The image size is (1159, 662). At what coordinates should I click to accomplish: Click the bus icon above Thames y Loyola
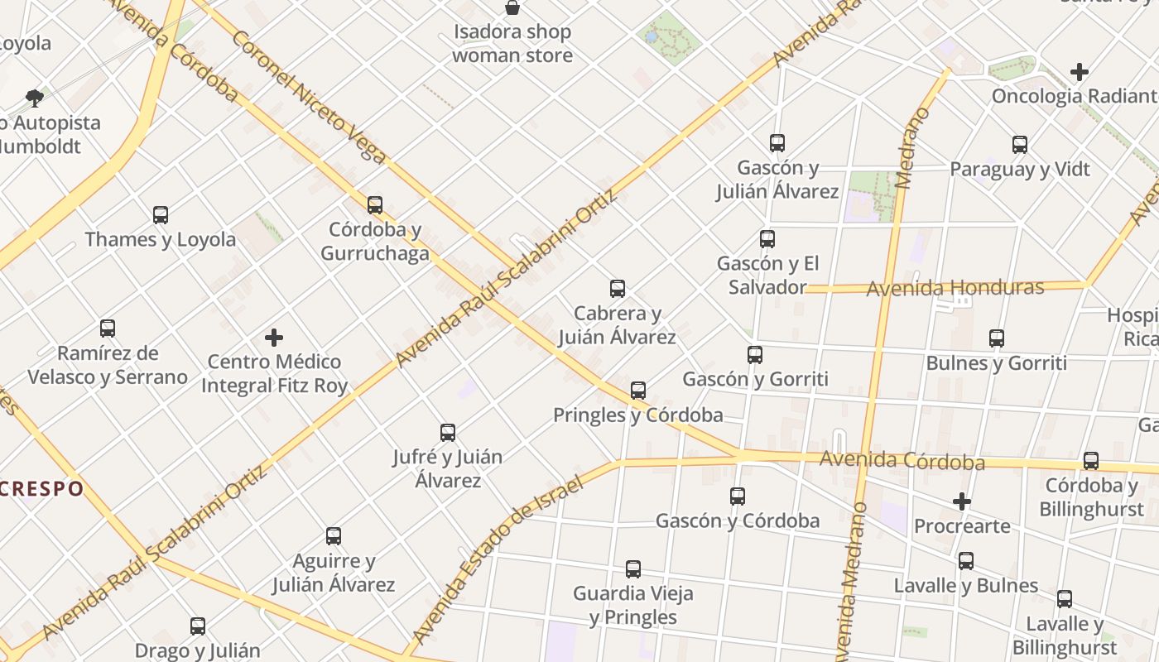pyautogui.click(x=161, y=215)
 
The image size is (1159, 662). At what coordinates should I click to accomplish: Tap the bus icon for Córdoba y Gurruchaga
pyautogui.click(x=375, y=204)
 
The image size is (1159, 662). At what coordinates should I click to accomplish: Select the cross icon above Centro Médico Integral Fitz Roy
pyautogui.click(x=274, y=338)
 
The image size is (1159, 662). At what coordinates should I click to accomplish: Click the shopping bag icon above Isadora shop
pyautogui.click(x=512, y=8)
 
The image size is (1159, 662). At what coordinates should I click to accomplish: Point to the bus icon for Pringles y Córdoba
pyautogui.click(x=638, y=391)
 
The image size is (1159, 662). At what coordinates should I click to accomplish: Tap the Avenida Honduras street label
pyautogui.click(x=955, y=288)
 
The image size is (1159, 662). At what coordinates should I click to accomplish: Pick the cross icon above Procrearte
pyautogui.click(x=961, y=501)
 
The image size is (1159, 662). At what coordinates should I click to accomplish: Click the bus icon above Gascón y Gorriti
pyautogui.click(x=755, y=355)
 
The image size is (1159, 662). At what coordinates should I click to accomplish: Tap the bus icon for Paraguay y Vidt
pyautogui.click(x=1020, y=145)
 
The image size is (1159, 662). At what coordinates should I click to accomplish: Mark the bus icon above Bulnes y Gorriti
pyautogui.click(x=997, y=338)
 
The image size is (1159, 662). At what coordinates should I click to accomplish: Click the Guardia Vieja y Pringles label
pyautogui.click(x=633, y=605)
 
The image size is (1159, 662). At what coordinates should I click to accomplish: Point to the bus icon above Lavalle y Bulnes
pyautogui.click(x=966, y=561)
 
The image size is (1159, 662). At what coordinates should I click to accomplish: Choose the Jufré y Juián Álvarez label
pyautogui.click(x=447, y=468)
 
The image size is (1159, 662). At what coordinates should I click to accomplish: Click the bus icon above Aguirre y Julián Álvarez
pyautogui.click(x=334, y=536)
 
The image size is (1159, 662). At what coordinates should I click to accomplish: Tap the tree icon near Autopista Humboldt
pyautogui.click(x=35, y=98)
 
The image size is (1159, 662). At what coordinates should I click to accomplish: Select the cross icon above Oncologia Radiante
pyautogui.click(x=1079, y=72)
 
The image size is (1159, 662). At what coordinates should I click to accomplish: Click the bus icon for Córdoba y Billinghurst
pyautogui.click(x=1091, y=461)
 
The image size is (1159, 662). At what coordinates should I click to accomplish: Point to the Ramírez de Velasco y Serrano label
pyautogui.click(x=108, y=365)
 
